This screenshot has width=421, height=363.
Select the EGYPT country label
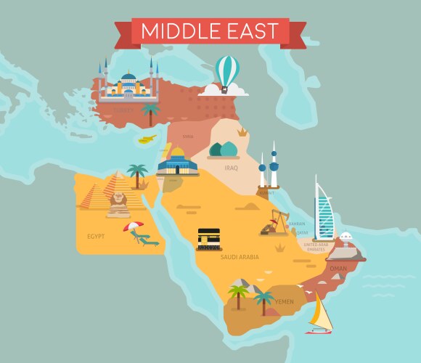[97, 237]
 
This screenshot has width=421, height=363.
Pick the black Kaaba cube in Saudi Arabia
[209, 237]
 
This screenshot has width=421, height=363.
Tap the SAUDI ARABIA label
[240, 257]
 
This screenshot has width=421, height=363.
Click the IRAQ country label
[232, 168]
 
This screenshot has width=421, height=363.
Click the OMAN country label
[338, 267]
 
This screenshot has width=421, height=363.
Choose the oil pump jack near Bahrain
[275, 222]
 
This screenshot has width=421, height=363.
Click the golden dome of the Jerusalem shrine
[177, 153]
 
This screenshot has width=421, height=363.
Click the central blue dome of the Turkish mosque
[128, 78]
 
